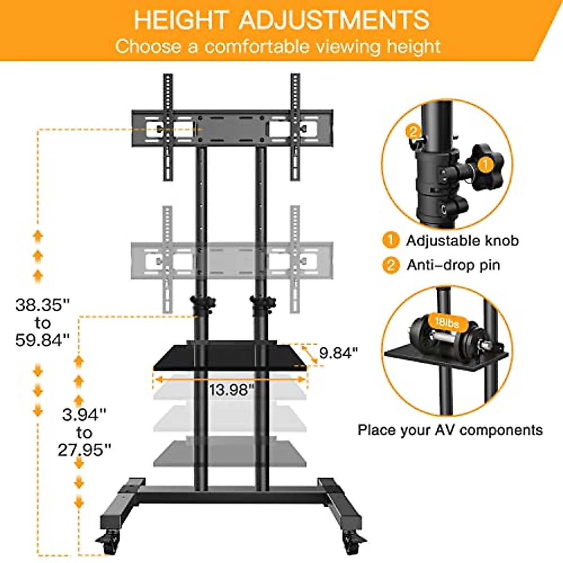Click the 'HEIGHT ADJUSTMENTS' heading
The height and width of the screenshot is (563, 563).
click(281, 20)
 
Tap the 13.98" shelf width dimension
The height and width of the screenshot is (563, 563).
click(231, 389)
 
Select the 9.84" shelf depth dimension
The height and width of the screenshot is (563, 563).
click(338, 352)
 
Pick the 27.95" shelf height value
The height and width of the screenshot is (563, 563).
click(84, 450)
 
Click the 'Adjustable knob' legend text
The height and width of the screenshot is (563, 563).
click(462, 241)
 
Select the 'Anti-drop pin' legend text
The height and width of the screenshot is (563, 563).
click(453, 265)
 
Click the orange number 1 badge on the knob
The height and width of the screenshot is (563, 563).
click(486, 165)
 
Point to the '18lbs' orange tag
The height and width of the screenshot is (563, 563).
click(446, 323)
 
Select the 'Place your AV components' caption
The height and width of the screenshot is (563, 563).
click(450, 430)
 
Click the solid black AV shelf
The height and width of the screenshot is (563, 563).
click(230, 357)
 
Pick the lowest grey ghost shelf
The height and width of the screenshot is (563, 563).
click(230, 453)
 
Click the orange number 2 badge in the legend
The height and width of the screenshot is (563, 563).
click(390, 265)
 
